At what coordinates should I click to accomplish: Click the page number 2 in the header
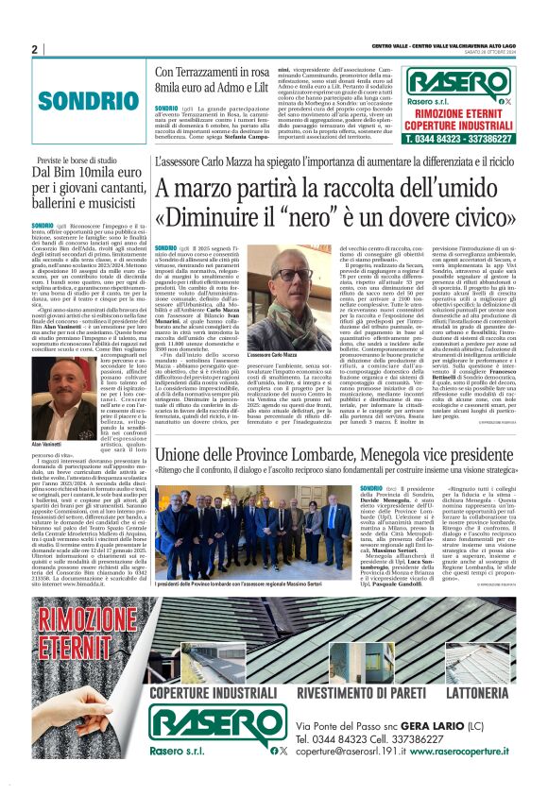point(34,49)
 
